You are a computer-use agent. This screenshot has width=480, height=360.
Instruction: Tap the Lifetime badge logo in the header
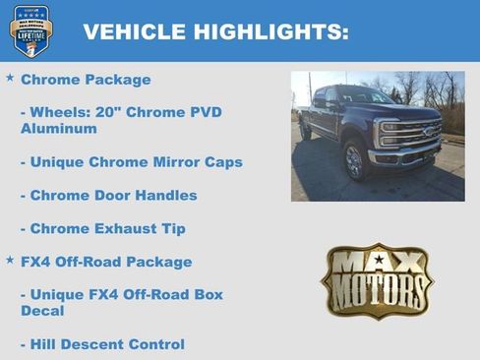point(31,30)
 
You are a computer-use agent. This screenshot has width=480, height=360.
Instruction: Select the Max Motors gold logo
point(377,281)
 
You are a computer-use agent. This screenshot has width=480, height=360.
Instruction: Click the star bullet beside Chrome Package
point(10,78)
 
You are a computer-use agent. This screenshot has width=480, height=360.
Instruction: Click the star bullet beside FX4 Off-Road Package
point(10,262)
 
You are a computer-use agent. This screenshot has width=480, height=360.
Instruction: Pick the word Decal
point(43,311)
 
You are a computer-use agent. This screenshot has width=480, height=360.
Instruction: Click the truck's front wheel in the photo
point(353,161)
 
